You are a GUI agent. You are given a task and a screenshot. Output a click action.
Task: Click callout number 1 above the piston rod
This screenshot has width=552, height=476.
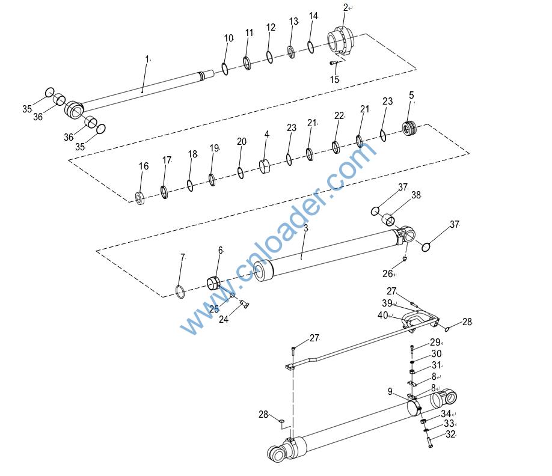click(x=147, y=59)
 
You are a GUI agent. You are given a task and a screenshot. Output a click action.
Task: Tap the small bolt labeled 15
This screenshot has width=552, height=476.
click(x=334, y=63)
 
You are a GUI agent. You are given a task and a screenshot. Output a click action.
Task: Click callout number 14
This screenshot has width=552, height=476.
click(x=313, y=16)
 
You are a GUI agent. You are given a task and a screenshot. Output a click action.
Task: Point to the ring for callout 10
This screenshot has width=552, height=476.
click(x=225, y=69)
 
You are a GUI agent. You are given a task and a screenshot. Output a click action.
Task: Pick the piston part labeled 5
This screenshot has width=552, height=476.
click(x=409, y=127)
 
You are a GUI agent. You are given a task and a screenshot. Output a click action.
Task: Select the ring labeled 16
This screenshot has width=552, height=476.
click(x=141, y=198)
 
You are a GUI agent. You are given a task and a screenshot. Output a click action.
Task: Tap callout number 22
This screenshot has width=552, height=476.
click(x=339, y=115)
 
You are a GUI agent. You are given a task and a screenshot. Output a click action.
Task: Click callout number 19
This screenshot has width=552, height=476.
click(x=214, y=148)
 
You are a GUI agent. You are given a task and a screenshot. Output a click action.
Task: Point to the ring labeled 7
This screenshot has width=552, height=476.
click(x=180, y=291)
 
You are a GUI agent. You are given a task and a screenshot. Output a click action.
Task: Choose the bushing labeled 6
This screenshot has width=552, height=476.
click(x=213, y=283)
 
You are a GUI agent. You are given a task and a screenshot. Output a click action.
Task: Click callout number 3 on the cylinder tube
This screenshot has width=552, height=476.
click(x=305, y=228)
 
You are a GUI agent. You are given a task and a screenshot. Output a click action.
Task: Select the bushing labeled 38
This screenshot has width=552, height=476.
click(x=388, y=219)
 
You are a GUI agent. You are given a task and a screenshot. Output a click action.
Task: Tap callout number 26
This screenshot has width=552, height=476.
click(x=387, y=273)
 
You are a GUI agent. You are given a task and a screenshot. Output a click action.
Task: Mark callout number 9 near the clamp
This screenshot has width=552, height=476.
click(x=390, y=391)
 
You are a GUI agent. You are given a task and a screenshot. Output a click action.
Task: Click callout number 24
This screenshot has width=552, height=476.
click(x=224, y=319)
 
